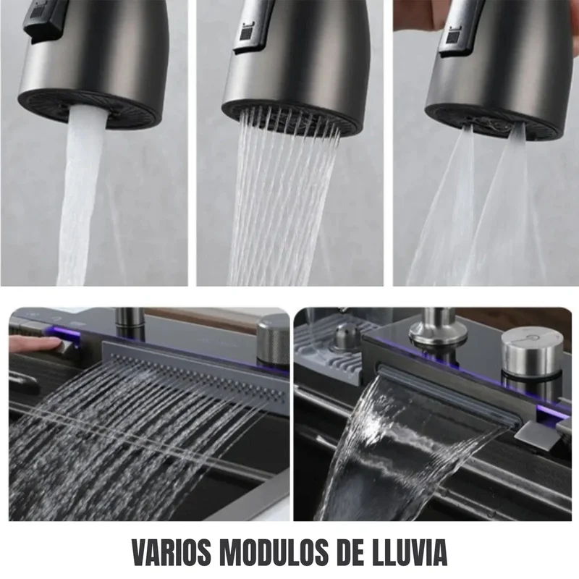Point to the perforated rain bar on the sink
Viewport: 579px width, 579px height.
point(195,369)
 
